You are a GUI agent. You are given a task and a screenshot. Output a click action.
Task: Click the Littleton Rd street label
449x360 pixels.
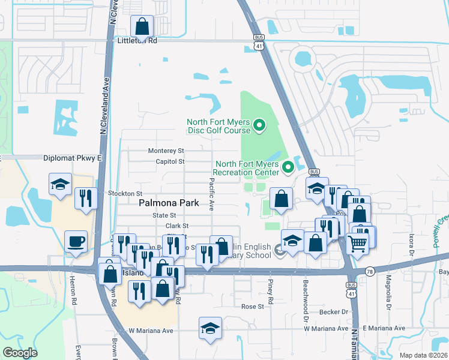click(136, 41)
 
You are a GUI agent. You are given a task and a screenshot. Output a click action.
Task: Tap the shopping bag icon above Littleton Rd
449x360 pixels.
click(142, 26)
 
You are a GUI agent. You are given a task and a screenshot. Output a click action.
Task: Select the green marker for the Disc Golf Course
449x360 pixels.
click(259, 126)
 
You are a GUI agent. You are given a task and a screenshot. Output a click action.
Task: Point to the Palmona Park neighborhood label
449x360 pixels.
click(169, 203)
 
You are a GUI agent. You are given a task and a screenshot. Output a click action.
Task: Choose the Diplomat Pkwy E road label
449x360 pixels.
click(73, 158)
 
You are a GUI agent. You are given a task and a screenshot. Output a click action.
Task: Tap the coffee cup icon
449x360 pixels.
click(75, 242)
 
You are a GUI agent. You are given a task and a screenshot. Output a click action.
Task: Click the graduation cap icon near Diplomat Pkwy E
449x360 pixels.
click(60, 185)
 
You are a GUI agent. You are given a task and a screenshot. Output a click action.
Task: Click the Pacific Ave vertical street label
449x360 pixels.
click(211, 194)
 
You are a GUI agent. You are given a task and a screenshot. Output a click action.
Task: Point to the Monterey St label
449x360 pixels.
click(166, 151)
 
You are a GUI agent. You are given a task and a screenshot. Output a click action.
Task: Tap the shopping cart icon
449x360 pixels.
click(357, 244)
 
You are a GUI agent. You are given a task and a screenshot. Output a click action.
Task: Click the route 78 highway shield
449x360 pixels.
click(370, 271)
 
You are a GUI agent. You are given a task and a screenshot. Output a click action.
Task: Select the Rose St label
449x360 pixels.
click(253, 307)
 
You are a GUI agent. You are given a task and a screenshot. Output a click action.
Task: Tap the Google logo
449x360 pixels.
click(20, 353)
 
